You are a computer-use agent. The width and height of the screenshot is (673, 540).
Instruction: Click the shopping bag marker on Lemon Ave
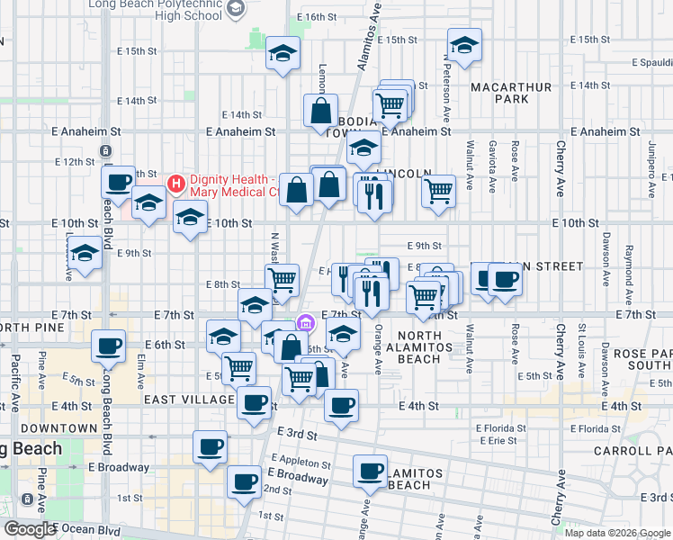[x=321, y=112]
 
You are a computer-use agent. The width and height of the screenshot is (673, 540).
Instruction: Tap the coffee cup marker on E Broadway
[x=244, y=483]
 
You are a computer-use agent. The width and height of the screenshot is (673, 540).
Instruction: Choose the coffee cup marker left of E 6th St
[x=110, y=346]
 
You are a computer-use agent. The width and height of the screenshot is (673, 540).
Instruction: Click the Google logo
[x=30, y=529]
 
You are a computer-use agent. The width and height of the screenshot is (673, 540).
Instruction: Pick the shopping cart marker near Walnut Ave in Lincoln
[x=438, y=190]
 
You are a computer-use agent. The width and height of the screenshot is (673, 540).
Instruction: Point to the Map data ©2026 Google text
[x=616, y=532]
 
